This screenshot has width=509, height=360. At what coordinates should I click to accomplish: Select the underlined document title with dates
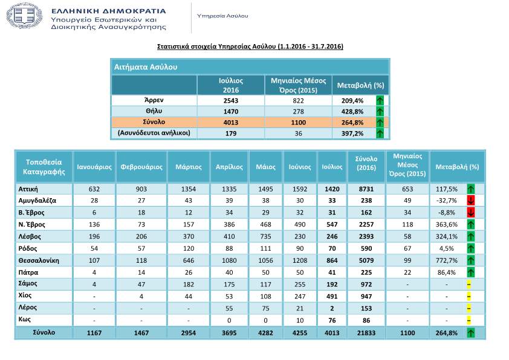tap(250, 46)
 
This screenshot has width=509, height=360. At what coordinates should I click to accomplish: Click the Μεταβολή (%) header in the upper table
tap(360, 85)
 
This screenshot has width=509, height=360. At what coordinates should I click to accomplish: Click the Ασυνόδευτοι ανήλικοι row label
tap(154, 133)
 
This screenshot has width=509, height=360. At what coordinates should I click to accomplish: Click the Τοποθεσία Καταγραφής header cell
tap(44, 166)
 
